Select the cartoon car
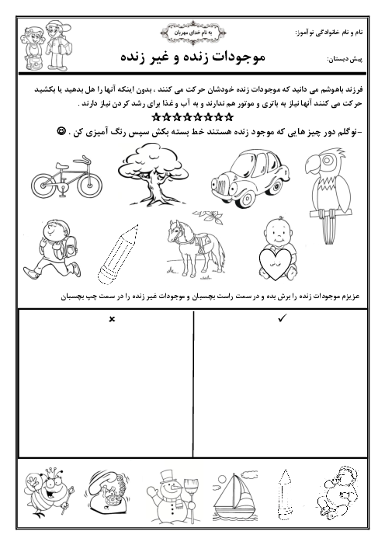(x=250, y=179)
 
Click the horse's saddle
(x=202, y=241)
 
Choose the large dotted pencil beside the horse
(x=118, y=255)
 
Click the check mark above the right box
(x=282, y=318)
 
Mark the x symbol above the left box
(x=112, y=319)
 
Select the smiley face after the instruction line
(x=61, y=131)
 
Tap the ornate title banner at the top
(x=193, y=33)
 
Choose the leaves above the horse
(x=209, y=216)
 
